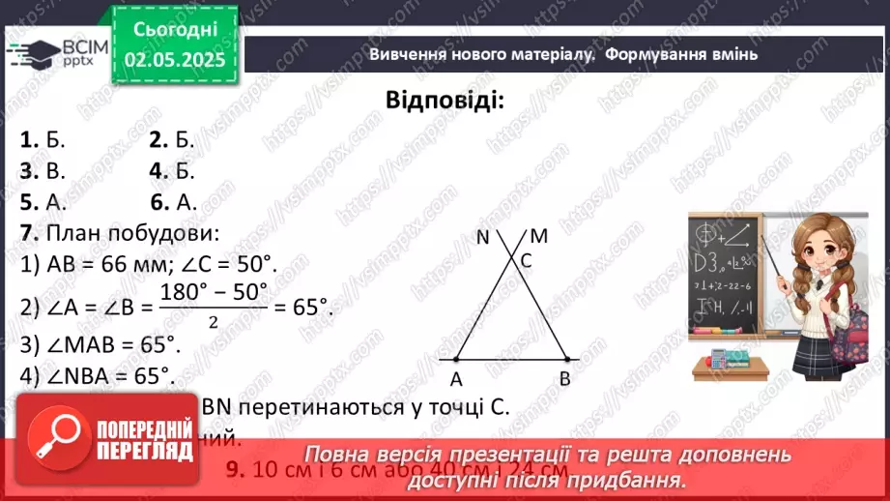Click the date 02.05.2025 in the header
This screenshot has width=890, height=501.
coord(174,60)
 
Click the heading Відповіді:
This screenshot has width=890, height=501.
coord(445,101)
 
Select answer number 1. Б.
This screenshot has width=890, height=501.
coord(43,139)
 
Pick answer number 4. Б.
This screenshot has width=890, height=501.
coord(172,171)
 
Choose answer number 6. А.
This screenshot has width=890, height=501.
coord(173,202)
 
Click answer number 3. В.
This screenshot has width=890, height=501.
coord(43,171)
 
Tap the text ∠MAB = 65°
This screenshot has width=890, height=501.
coord(107,344)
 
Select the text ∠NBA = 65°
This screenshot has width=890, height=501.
coord(107,376)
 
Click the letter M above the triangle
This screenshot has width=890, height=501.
coord(539,236)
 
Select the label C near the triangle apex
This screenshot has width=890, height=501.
coord(527,260)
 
